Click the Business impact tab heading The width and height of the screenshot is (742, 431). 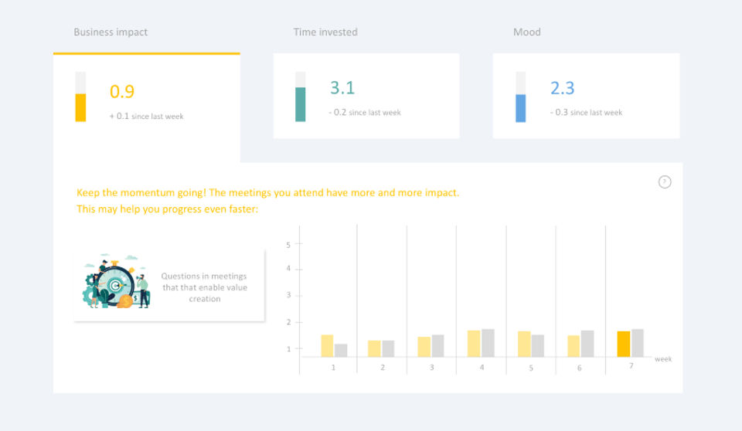(111, 32)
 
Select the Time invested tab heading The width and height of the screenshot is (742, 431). (325, 32)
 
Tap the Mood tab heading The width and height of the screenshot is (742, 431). (527, 32)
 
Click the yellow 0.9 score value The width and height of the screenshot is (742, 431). (122, 91)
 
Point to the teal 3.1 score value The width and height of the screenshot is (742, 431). (342, 88)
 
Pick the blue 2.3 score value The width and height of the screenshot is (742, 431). (563, 88)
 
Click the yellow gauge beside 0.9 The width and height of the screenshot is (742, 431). (80, 97)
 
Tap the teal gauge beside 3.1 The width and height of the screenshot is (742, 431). (301, 97)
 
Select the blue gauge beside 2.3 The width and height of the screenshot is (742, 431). (521, 97)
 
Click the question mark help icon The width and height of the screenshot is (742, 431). (665, 182)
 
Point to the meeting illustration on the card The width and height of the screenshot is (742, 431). (116, 282)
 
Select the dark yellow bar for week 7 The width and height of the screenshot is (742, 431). (624, 344)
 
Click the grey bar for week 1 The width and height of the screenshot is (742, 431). (341, 350)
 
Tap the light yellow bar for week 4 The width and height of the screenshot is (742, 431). (474, 343)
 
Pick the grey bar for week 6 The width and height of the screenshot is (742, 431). (587, 343)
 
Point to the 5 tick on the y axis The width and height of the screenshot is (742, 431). (288, 245)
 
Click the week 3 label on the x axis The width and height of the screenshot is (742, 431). (431, 368)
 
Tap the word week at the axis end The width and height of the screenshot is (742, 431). (663, 359)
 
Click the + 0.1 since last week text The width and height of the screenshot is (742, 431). (147, 117)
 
